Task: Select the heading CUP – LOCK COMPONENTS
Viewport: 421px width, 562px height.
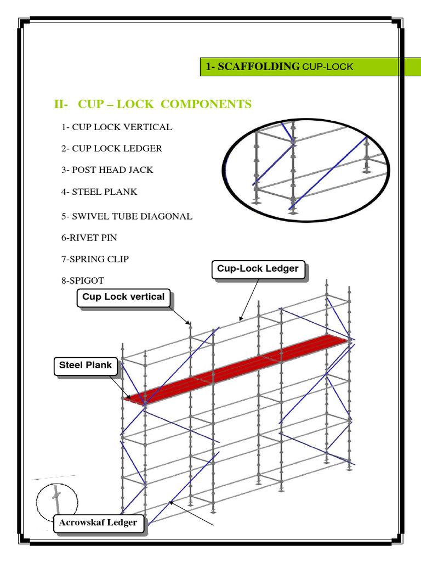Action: (164, 104)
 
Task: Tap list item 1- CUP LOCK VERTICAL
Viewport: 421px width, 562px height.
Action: (116, 127)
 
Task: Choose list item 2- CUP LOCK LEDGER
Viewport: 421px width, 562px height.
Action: (111, 148)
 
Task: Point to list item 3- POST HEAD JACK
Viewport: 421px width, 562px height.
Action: (107, 170)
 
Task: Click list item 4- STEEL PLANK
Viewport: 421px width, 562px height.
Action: (99, 192)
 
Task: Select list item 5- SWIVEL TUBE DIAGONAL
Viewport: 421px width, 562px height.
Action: (127, 216)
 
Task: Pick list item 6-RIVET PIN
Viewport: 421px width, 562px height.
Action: (89, 238)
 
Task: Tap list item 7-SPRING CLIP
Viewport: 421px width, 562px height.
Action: (95, 258)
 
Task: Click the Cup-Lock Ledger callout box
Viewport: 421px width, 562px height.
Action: (258, 269)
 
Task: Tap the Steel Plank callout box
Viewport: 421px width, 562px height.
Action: (86, 365)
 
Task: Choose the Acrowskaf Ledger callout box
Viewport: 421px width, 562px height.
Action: (98, 522)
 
